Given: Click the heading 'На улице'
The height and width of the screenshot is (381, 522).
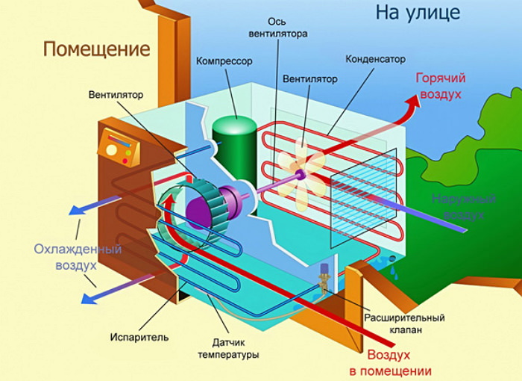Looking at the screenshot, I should pyautogui.click(x=418, y=13).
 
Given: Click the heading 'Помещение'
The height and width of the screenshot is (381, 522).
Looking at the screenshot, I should pyautogui.click(x=96, y=50).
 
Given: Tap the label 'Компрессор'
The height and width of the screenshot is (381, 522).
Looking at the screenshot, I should pyautogui.click(x=224, y=61).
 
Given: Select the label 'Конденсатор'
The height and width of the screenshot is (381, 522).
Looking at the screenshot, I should pyautogui.click(x=377, y=58).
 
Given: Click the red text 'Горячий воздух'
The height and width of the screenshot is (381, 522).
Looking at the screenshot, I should pyautogui.click(x=440, y=86).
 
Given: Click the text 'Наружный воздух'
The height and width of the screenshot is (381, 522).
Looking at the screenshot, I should pyautogui.click(x=462, y=206).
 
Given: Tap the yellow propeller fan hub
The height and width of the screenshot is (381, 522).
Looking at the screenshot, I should pyautogui.click(x=300, y=175).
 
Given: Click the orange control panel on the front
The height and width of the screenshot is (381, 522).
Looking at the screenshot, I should pyautogui.click(x=119, y=147).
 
